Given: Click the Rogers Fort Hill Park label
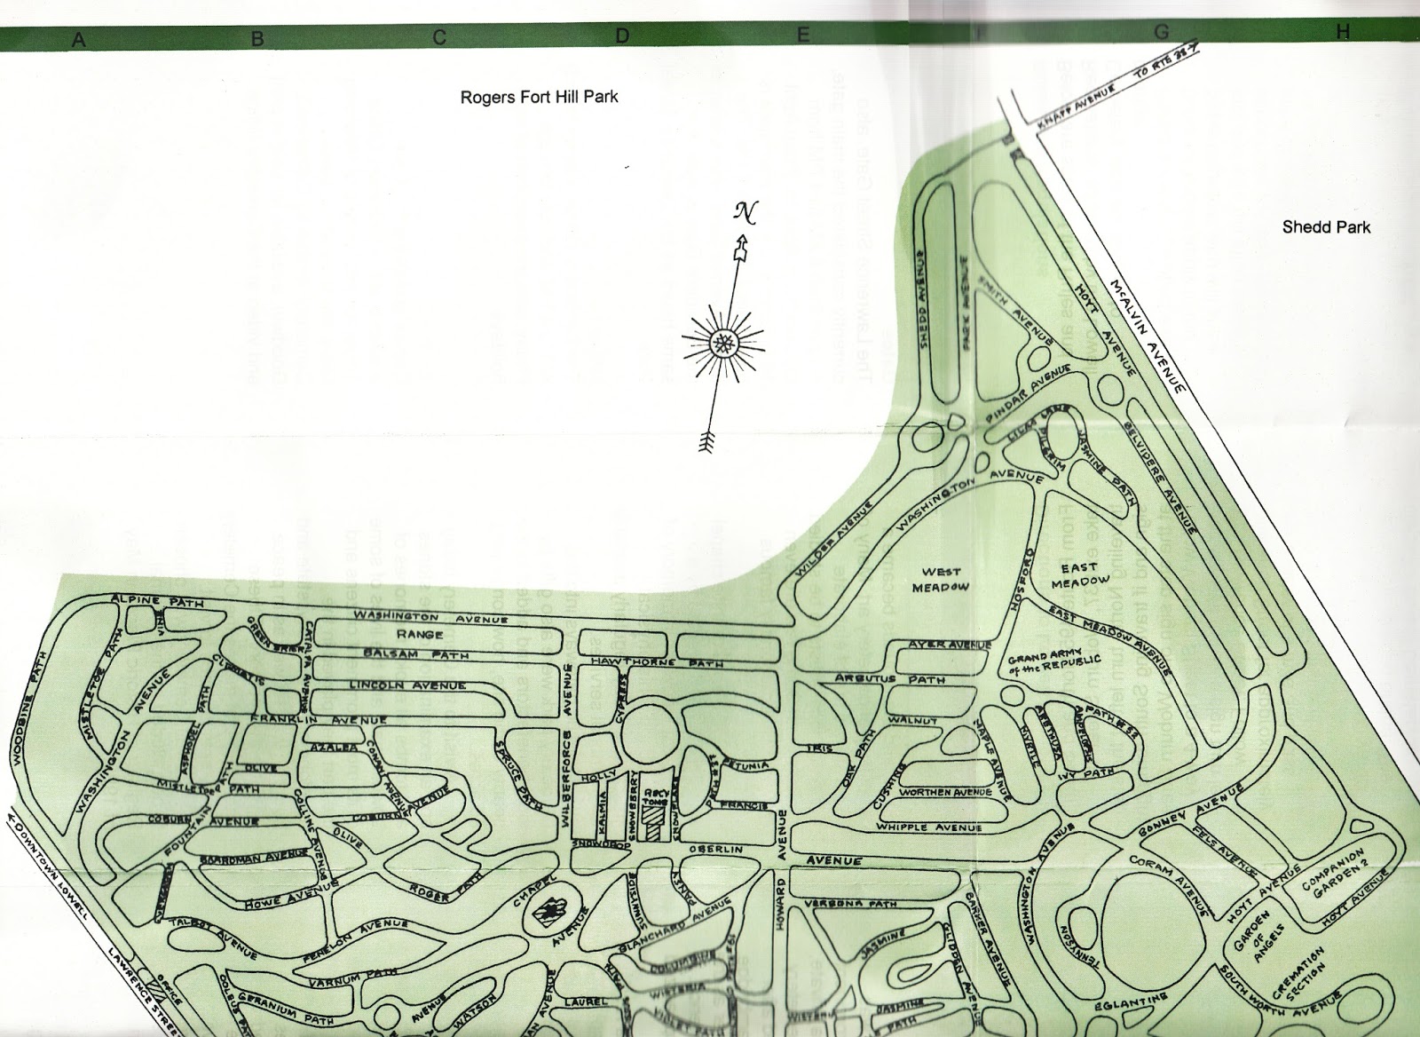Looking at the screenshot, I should point(539,97).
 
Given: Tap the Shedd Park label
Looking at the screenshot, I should point(1326,227).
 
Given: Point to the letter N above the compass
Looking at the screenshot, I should point(743,212).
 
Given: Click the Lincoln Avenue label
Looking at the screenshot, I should point(407,685).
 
